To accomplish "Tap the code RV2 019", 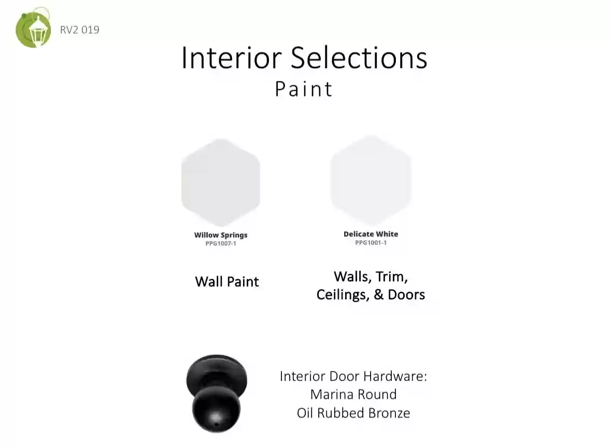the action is click(79, 30).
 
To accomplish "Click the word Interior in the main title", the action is click(232, 57).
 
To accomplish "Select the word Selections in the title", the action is click(359, 57).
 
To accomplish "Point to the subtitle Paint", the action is click(304, 89).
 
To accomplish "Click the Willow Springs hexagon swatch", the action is click(221, 182).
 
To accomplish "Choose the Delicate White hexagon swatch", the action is click(371, 180).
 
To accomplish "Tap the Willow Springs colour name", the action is click(221, 235).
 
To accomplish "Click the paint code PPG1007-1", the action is click(221, 243).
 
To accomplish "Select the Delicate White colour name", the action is click(371, 234).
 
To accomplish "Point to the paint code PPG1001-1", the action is click(371, 242).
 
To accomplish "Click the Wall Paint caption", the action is click(227, 282).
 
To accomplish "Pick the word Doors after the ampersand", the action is click(406, 295).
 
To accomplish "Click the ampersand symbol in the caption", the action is click(378, 295).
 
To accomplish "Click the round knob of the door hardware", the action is click(216, 409).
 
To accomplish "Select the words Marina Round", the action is click(353, 395).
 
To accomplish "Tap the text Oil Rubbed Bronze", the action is click(353, 413).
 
